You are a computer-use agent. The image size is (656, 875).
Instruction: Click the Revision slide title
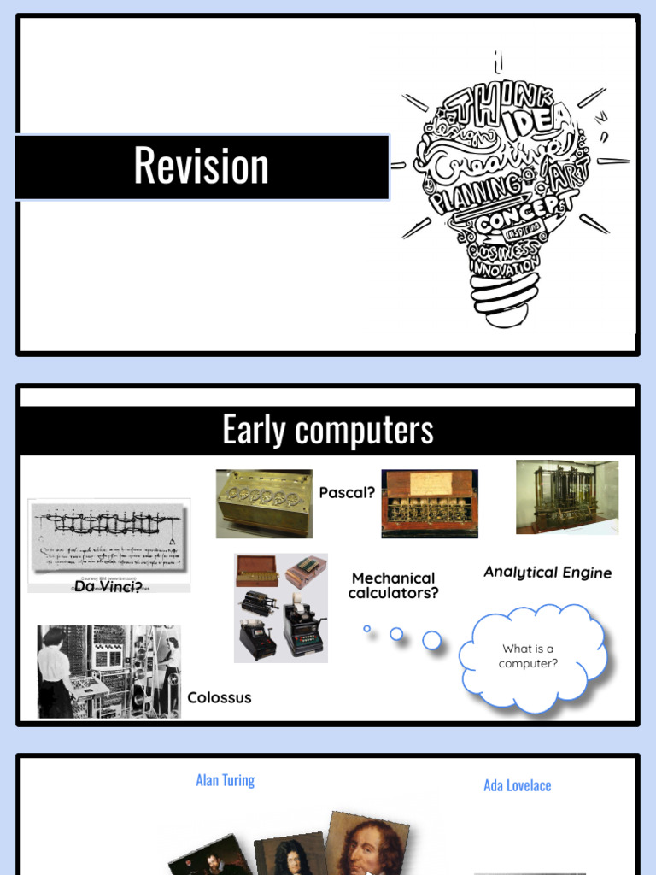pyautogui.click(x=202, y=166)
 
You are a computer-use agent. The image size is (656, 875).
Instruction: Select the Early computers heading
pyautogui.click(x=328, y=430)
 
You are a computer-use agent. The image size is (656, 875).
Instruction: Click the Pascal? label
pyautogui.click(x=347, y=492)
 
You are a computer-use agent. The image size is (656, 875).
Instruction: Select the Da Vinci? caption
pyautogui.click(x=108, y=586)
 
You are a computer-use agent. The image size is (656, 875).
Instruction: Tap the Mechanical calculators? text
pyautogui.click(x=393, y=585)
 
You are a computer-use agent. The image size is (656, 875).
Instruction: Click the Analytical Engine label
pyautogui.click(x=548, y=572)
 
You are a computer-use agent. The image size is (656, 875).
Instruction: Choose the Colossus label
pyautogui.click(x=220, y=697)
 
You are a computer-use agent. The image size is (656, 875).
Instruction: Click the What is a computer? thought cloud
pyautogui.click(x=529, y=656)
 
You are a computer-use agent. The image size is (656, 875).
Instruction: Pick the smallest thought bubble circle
pyautogui.click(x=367, y=629)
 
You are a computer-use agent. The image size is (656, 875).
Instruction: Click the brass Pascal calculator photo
pyautogui.click(x=264, y=502)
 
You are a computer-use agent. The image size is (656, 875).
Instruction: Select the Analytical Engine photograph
pyautogui.click(x=566, y=496)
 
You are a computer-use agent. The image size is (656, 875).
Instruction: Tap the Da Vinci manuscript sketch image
pyautogui.click(x=108, y=538)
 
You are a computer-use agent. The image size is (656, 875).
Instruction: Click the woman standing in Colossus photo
pyautogui.click(x=55, y=672)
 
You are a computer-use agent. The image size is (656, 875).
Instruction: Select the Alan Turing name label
pyautogui.click(x=225, y=780)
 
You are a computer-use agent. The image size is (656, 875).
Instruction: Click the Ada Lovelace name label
pyautogui.click(x=517, y=785)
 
